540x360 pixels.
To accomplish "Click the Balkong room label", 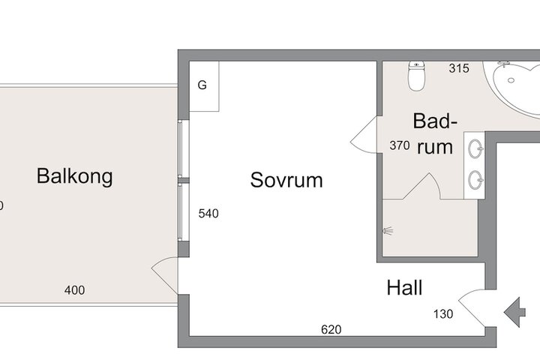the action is [x=75, y=176].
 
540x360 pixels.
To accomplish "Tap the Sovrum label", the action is [x=286, y=180].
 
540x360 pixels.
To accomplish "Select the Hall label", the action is [x=404, y=288].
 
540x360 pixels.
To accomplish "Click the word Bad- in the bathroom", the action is [x=435, y=121].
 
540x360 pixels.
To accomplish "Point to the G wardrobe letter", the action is [x=202, y=85].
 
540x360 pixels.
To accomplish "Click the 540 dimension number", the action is [x=208, y=214].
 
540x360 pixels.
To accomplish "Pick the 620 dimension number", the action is [x=331, y=330].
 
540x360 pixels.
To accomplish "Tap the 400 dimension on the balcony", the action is [x=74, y=290].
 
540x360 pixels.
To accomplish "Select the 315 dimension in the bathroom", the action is [x=459, y=68].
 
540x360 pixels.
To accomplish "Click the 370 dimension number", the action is [x=400, y=145].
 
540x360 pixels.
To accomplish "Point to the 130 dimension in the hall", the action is [x=443, y=313].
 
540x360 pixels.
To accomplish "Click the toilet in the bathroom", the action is [x=416, y=76].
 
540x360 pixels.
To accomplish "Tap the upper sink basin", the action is [x=475, y=148].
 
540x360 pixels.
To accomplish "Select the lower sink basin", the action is [x=475, y=179].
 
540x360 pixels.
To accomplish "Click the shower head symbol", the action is [x=388, y=231].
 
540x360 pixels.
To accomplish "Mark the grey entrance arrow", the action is [x=514, y=313].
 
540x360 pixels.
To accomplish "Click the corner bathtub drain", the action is [x=511, y=80].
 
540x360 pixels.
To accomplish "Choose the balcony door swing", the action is [x=165, y=275].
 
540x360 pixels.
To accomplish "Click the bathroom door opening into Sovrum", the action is [x=364, y=134].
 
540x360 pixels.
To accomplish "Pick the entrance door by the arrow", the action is [x=472, y=307].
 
